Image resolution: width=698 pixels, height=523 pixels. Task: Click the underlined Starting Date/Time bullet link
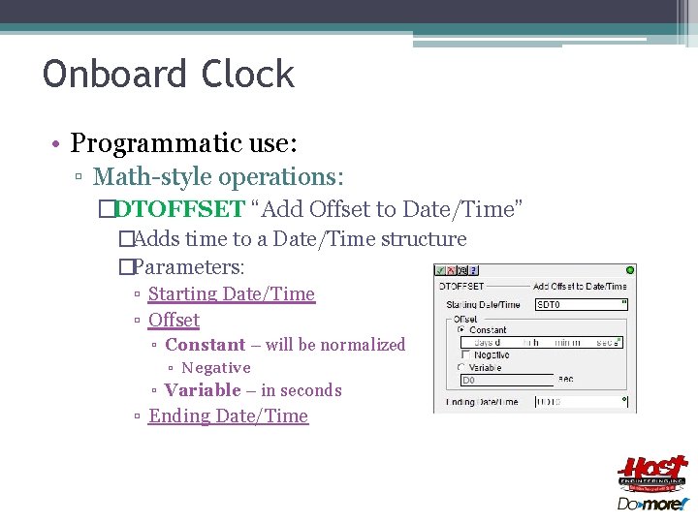click(231, 293)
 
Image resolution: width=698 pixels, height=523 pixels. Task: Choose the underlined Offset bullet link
click(174, 320)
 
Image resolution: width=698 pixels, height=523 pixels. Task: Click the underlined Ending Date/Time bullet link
click(228, 415)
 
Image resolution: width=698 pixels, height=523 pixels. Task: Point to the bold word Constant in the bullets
click(205, 345)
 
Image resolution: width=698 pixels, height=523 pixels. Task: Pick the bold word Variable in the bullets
click(203, 390)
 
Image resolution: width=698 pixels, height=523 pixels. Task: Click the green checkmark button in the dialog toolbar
click(440, 270)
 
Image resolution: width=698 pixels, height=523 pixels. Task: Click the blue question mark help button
click(474, 270)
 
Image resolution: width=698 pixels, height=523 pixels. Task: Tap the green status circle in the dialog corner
click(629, 270)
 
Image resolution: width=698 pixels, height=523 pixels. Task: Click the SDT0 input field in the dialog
click(580, 304)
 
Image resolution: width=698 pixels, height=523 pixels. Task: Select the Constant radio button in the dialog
click(460, 330)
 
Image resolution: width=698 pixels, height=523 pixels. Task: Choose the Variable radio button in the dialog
click(460, 367)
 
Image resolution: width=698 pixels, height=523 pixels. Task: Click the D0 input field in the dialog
click(504, 381)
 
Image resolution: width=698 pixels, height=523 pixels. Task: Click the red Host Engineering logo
click(651, 473)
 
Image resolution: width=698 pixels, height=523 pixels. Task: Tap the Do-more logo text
click(651, 504)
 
